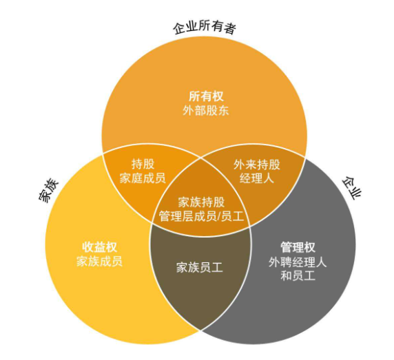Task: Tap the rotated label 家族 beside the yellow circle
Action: pyautogui.click(x=48, y=191)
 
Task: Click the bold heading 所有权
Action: pyautogui.click(x=206, y=96)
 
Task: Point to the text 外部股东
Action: pyautogui.click(x=206, y=110)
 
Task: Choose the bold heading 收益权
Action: pyautogui.click(x=100, y=247)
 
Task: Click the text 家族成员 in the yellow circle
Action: pyautogui.click(x=99, y=262)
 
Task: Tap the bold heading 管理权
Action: pyautogui.click(x=298, y=247)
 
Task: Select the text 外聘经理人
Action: pyautogui.click(x=298, y=262)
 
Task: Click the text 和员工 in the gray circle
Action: pyautogui.click(x=298, y=276)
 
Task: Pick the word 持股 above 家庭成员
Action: pyautogui.click(x=143, y=165)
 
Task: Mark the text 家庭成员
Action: pyautogui.click(x=143, y=178)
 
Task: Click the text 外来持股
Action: pyautogui.click(x=256, y=165)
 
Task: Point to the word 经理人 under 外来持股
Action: pyautogui.click(x=256, y=178)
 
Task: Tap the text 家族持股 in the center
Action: pyautogui.click(x=201, y=202)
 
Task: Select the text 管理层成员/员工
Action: pyautogui.click(x=201, y=216)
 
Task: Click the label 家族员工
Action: pyautogui.click(x=200, y=268)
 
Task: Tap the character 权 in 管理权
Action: pyautogui.click(x=309, y=247)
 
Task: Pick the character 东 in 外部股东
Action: pyautogui.click(x=223, y=110)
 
